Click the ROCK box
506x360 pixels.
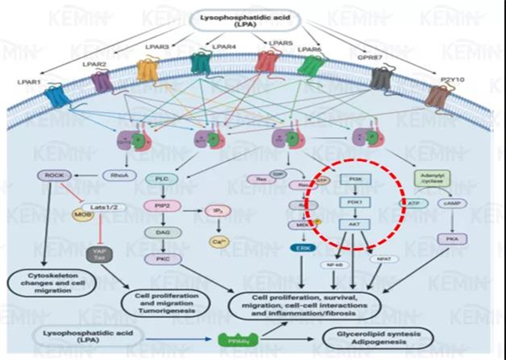pyautogui.click(x=47, y=175)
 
